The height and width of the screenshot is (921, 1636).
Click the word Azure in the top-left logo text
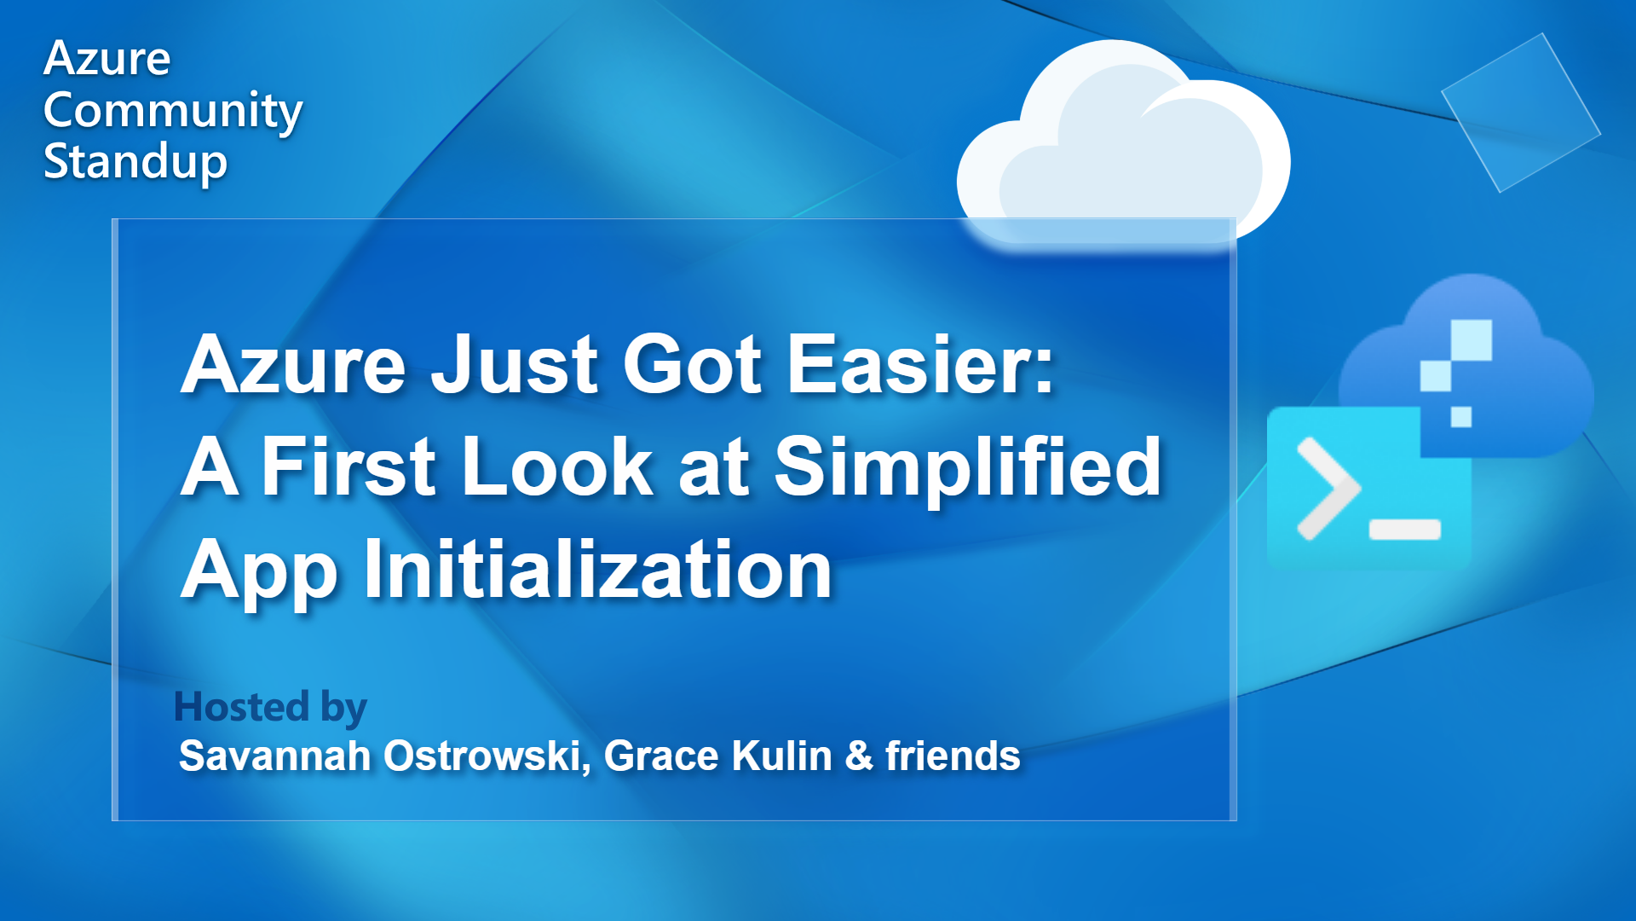[107, 59]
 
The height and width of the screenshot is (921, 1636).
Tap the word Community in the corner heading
[173, 111]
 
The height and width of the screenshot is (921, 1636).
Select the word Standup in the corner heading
[135, 162]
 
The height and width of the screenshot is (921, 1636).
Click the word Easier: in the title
[920, 365]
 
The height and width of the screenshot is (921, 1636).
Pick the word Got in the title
[692, 365]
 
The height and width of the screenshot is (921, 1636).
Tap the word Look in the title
[557, 466]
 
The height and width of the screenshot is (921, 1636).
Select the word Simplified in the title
[968, 466]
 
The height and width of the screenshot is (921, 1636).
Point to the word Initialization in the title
[597, 570]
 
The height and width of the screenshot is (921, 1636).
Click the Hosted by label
[270, 707]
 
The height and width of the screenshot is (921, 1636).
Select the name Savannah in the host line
[274, 756]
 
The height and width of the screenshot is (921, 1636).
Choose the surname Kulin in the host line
[781, 756]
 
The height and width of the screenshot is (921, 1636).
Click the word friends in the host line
[953, 756]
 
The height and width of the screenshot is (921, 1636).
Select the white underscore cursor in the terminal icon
[1404, 530]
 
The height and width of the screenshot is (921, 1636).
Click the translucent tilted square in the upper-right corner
[1520, 112]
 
